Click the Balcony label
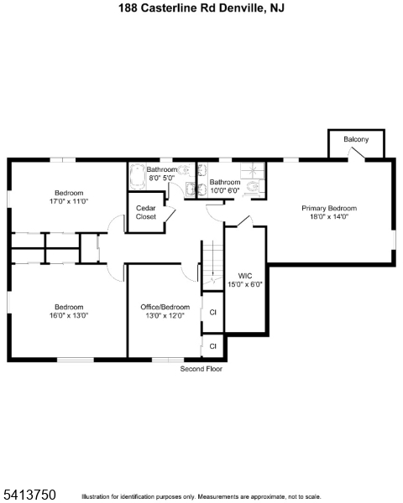coord(356,139)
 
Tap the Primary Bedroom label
coord(329,208)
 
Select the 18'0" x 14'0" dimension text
coord(329,216)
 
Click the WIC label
coord(245,276)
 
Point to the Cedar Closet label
coord(146,212)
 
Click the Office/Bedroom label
coord(165,307)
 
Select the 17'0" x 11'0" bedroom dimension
coord(69,201)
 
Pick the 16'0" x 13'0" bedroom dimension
coord(69,315)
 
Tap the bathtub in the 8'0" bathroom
coord(138,176)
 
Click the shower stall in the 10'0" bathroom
coord(253,170)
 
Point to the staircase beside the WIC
coord(212,263)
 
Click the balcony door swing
coord(356,153)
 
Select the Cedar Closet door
coord(170,215)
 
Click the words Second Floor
coord(201,369)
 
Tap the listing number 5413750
coord(29,495)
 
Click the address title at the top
coord(201,8)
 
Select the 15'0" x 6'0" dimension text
coord(245,284)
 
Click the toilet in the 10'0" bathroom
coord(253,187)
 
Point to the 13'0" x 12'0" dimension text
coord(165,316)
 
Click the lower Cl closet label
coord(212,346)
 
